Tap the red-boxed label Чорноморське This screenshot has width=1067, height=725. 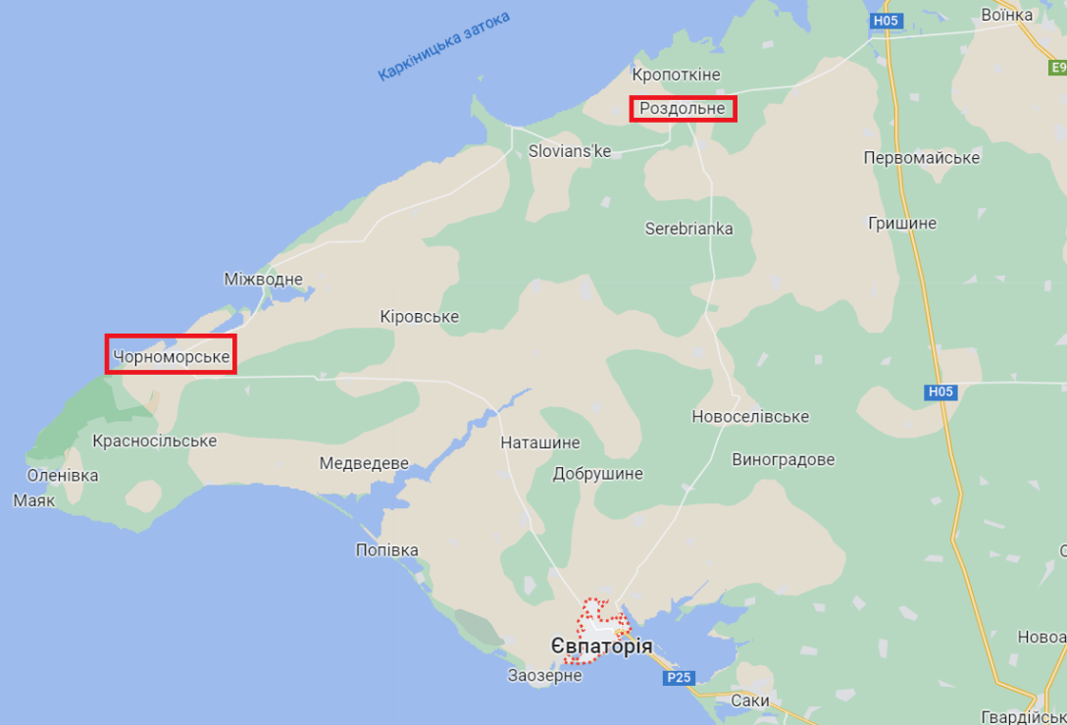click(x=172, y=356)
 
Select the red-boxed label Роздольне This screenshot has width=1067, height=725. click(x=683, y=108)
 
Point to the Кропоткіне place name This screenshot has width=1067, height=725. click(x=676, y=75)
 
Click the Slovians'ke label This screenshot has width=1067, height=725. click(x=569, y=151)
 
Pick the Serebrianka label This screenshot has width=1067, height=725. click(x=688, y=229)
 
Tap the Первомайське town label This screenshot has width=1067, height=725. click(x=922, y=158)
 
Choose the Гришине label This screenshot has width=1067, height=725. click(x=901, y=223)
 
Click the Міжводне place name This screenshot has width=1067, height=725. click(x=263, y=280)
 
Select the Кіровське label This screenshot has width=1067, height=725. click(x=419, y=317)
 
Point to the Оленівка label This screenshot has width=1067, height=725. click(x=63, y=475)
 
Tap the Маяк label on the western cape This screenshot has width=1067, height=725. click(x=33, y=500)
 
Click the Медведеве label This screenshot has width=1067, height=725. click(x=364, y=463)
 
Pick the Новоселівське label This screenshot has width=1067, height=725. click(x=750, y=416)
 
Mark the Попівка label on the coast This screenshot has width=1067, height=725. click(x=386, y=549)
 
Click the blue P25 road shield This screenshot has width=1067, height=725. click(x=678, y=678)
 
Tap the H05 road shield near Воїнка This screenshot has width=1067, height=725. click(x=885, y=21)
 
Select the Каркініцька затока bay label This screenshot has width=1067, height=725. click(x=444, y=46)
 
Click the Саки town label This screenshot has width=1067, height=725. click(x=749, y=700)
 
